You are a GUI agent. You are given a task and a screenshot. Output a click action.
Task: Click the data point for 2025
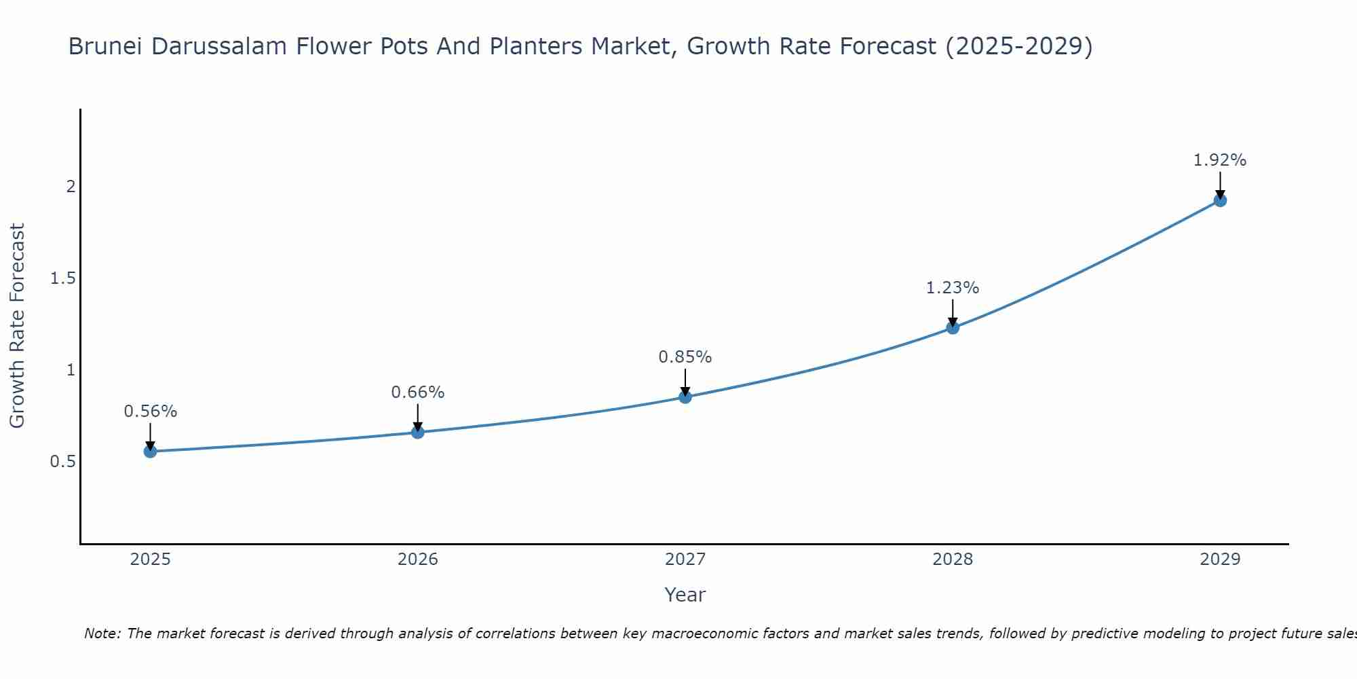150,452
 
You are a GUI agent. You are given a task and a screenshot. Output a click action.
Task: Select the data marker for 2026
418,433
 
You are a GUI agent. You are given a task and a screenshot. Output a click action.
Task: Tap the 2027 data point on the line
685,397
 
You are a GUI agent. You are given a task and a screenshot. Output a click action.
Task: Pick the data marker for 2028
953,328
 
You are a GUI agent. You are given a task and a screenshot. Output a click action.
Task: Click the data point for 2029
1220,200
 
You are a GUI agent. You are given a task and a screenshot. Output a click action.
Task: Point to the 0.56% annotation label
150,411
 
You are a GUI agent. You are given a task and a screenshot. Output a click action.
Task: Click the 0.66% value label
418,392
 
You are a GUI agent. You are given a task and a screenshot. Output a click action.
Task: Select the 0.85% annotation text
685,357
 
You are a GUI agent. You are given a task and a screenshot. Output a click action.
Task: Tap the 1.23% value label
953,288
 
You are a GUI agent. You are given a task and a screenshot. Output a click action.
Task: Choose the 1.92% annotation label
1220,160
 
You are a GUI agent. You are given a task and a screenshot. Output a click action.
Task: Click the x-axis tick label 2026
418,559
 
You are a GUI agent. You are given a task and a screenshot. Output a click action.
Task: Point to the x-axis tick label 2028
953,559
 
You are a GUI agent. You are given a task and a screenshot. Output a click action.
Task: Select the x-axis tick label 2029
1220,559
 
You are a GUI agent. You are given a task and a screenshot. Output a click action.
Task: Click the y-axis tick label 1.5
62,278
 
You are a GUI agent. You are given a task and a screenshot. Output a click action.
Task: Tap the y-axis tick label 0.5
62,462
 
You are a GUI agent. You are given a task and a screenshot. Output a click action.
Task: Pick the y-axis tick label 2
71,187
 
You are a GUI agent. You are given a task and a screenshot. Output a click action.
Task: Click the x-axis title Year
685,595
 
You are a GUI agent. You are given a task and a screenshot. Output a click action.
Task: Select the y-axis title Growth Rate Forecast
18,326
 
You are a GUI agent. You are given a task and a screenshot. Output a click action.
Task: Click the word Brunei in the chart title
106,47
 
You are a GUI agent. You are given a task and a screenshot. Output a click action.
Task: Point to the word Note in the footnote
102,634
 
